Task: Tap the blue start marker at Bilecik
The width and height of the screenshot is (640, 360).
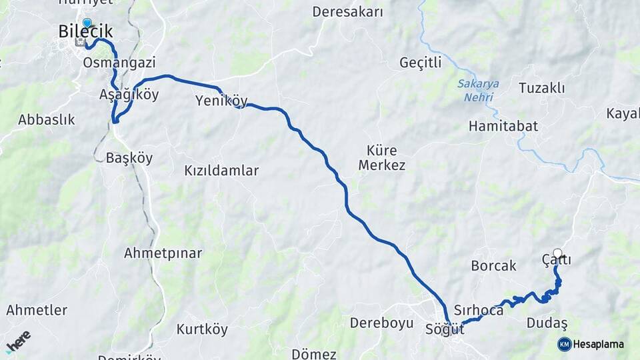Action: [87, 23]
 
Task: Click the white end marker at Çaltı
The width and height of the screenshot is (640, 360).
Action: [557, 253]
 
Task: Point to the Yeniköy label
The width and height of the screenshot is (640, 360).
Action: [221, 101]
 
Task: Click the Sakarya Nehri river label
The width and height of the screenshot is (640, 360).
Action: [478, 90]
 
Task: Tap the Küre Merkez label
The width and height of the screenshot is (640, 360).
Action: [382, 157]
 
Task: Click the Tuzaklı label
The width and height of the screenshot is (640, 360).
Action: [541, 88]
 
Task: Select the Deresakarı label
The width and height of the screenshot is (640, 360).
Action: [348, 12]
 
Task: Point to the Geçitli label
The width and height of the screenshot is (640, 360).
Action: [420, 63]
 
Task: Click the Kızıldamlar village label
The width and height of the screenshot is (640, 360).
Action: [221, 171]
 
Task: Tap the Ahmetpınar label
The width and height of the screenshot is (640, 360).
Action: [163, 253]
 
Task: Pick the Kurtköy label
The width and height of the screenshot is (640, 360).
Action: [202, 329]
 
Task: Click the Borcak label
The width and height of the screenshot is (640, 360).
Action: [493, 265]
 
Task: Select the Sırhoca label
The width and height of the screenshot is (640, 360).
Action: [478, 310]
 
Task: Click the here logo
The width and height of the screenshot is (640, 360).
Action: [18, 341]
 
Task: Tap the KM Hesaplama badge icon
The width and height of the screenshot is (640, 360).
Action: [564, 344]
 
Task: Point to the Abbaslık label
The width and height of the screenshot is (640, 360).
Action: [47, 120]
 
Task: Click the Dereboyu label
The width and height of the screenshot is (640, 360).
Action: [382, 323]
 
